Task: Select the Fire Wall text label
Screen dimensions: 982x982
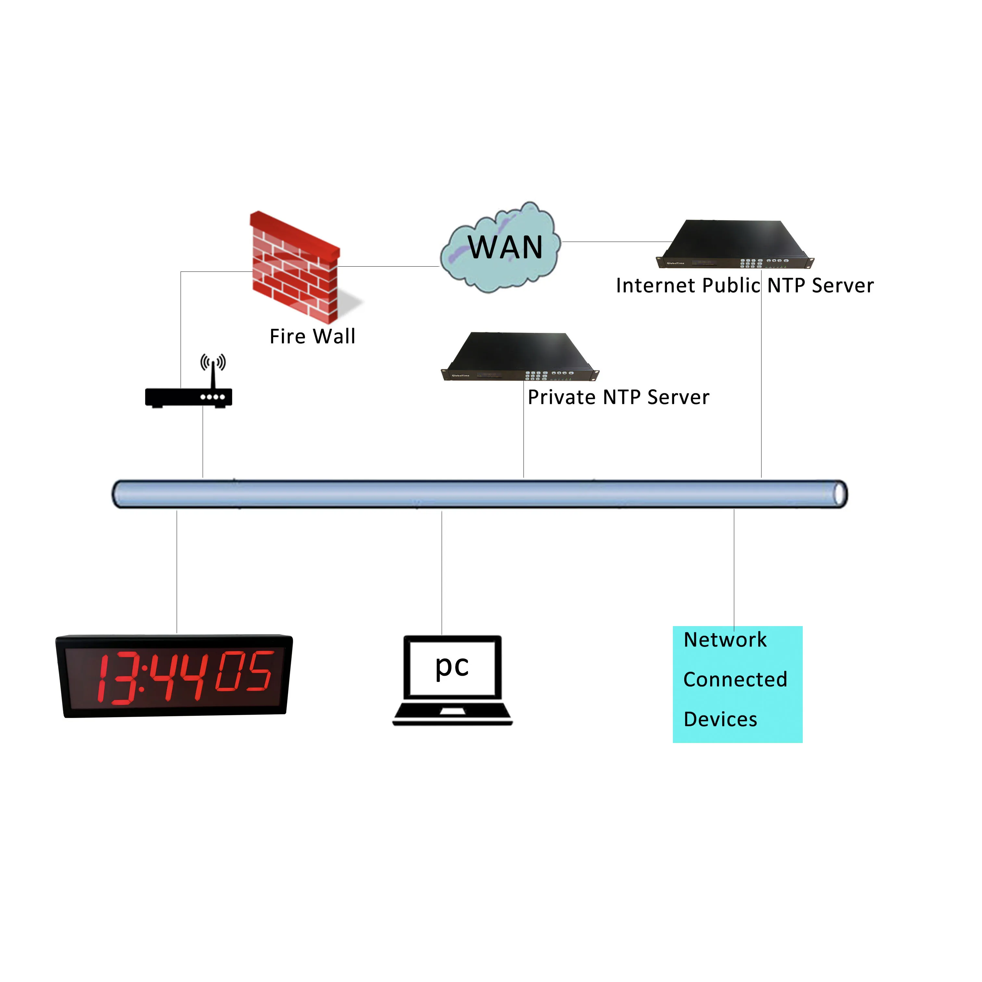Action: click(312, 336)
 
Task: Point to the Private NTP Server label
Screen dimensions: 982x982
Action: click(618, 397)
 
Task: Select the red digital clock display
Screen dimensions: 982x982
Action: click(174, 676)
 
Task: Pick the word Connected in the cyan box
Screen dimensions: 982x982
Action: click(735, 680)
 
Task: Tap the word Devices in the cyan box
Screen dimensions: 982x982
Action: click(720, 720)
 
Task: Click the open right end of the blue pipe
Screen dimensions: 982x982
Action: click(840, 494)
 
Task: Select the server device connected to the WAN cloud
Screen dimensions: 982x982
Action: click(735, 244)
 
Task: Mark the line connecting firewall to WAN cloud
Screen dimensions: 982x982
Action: click(389, 266)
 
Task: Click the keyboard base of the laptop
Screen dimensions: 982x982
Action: click(452, 714)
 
